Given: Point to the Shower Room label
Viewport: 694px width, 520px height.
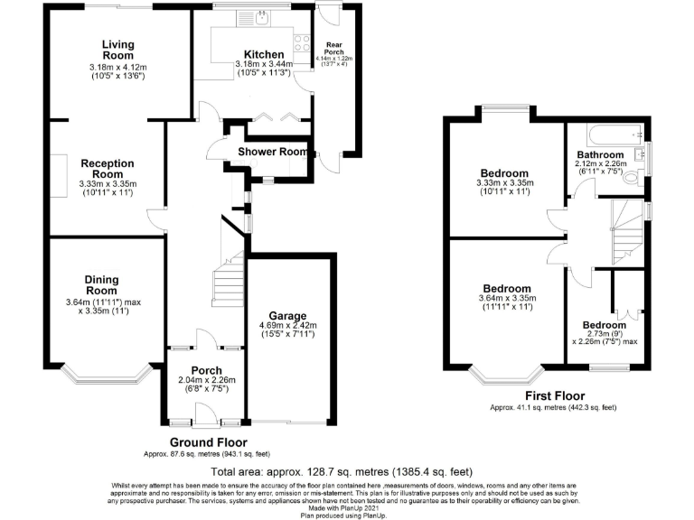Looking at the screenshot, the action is [x=273, y=152].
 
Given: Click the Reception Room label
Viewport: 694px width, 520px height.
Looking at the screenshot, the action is [x=108, y=169].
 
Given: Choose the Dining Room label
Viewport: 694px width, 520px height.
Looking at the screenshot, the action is [x=101, y=285].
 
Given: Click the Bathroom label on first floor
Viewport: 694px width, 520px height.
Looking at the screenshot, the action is [x=600, y=155].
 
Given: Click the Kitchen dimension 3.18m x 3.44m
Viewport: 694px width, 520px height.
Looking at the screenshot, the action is [x=264, y=64].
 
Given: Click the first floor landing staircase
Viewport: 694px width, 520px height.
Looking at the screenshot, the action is [x=626, y=230].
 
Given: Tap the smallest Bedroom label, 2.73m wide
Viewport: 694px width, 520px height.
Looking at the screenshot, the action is [x=604, y=325].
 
